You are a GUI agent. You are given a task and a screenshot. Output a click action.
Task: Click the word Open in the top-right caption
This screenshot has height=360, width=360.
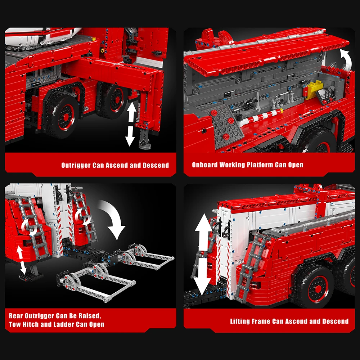pos(296,165)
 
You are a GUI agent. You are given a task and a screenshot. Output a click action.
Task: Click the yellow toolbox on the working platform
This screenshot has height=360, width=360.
pos(315,89)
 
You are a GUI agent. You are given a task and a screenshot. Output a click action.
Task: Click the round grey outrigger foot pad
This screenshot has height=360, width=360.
pos(145,145)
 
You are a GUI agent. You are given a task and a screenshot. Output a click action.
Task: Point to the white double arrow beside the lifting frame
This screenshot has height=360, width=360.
pos(203,255)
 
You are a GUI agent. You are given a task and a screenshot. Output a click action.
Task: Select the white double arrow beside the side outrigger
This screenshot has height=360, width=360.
pos(131,124)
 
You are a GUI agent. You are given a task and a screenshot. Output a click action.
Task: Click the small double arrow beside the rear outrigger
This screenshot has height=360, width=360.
pos(21,259)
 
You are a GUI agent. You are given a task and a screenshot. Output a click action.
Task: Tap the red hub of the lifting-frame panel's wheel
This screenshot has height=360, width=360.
pos(318,289)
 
